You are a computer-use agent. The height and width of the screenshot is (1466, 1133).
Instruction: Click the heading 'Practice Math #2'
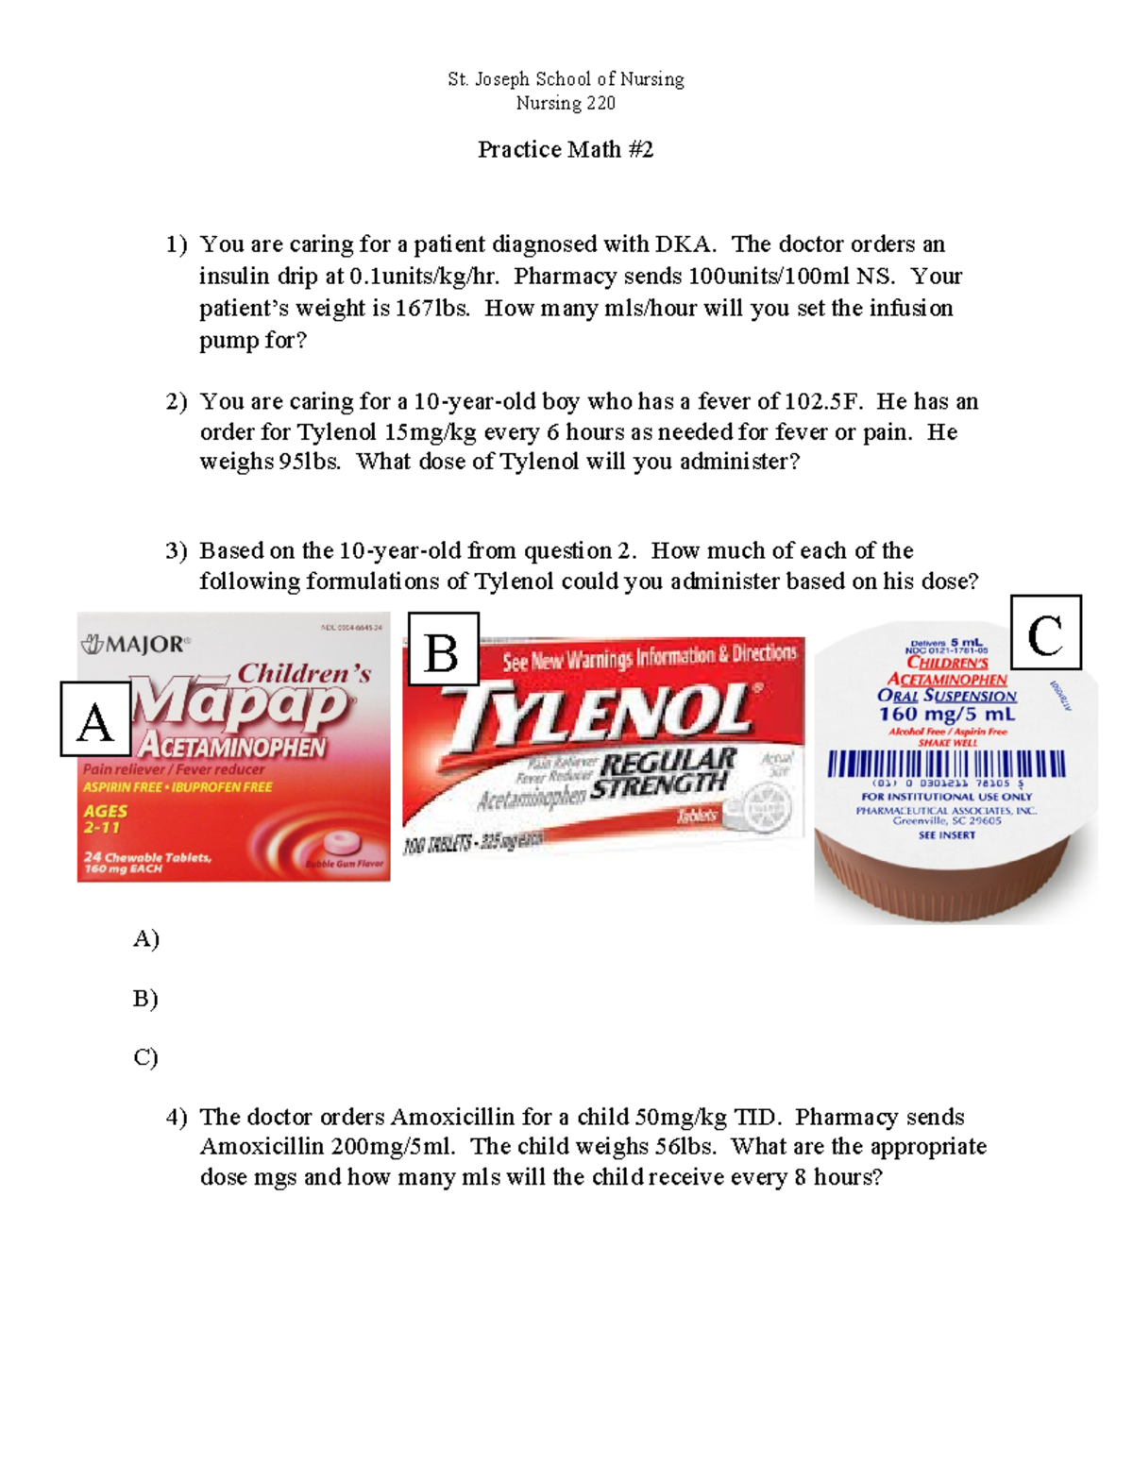click(565, 150)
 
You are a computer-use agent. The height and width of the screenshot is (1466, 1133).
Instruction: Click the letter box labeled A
click(95, 719)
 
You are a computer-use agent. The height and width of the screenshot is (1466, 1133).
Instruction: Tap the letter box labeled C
click(1045, 632)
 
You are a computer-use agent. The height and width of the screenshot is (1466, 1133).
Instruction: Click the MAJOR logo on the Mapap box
click(134, 646)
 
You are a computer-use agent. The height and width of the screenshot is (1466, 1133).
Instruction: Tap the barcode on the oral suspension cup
click(946, 764)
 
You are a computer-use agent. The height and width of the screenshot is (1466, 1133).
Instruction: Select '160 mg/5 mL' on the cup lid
click(946, 715)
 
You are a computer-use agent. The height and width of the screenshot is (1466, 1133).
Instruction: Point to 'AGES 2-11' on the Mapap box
click(104, 818)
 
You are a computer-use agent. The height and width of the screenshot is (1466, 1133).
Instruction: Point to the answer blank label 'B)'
click(145, 998)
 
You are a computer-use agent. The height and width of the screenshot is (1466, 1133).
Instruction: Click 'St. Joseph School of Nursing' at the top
click(566, 79)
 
